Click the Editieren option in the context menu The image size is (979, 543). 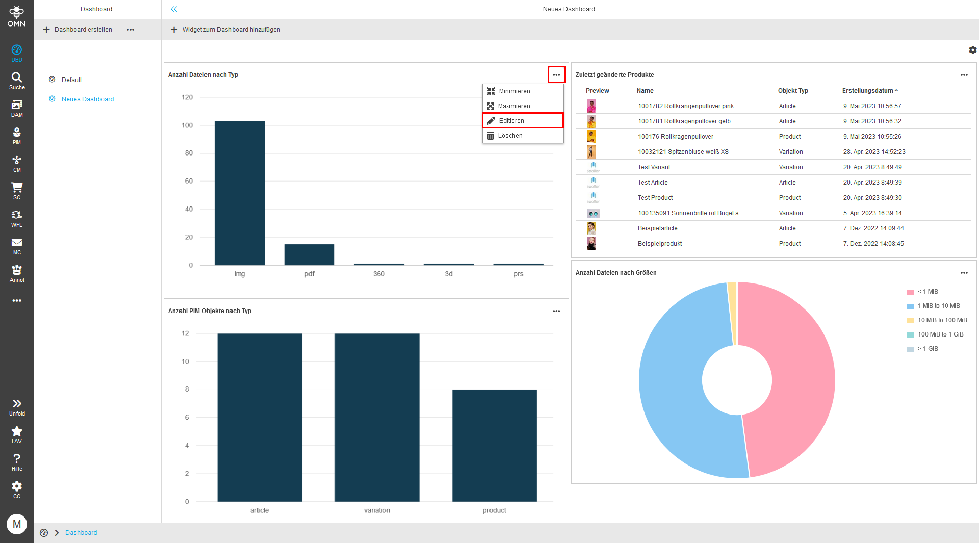[511, 121]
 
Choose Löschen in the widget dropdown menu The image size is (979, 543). [510, 136]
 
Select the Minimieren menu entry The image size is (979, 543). [514, 91]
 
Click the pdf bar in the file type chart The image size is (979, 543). [309, 254]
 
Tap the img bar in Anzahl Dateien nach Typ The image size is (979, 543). [239, 193]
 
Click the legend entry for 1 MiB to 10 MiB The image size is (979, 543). [938, 306]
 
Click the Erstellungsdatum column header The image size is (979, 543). [867, 91]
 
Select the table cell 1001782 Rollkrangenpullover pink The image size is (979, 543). [686, 106]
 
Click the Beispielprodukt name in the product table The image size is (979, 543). [659, 244]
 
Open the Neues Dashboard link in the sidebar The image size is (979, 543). [88, 99]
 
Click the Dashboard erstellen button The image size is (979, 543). [78, 30]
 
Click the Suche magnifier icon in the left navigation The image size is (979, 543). [17, 77]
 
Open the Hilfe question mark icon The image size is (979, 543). [17, 458]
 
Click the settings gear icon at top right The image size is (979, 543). [972, 50]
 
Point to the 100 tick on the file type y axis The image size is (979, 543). [187, 125]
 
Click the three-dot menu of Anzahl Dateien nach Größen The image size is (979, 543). [964, 273]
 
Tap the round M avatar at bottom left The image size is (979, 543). [17, 524]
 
